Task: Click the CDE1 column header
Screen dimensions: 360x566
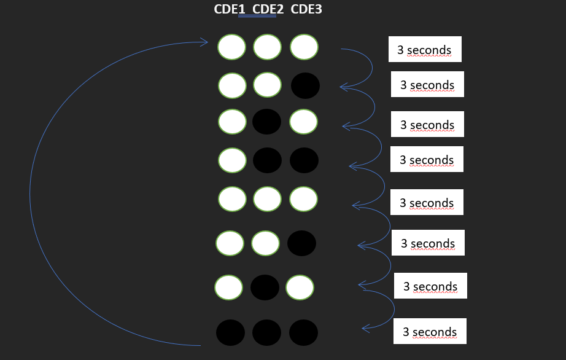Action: [230, 10]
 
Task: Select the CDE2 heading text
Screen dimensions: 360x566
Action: [268, 10]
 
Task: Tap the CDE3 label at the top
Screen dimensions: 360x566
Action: [306, 10]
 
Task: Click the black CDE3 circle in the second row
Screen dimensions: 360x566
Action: [305, 86]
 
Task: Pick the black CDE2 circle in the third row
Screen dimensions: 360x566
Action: [267, 122]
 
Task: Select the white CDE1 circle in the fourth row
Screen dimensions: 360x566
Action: [233, 160]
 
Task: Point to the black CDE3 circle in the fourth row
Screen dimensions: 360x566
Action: [304, 160]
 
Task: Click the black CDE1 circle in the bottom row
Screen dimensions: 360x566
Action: [230, 332]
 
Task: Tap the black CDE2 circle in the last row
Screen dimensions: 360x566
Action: [267, 332]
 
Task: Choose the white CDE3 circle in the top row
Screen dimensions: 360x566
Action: [304, 47]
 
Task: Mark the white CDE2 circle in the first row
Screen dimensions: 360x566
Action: [268, 47]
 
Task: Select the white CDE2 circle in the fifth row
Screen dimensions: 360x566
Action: [267, 199]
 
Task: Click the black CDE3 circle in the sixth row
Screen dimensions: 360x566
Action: [301, 243]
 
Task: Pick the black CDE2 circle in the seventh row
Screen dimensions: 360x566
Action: [265, 288]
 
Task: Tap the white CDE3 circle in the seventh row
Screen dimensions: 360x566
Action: [300, 288]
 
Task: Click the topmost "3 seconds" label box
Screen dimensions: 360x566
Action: [425, 50]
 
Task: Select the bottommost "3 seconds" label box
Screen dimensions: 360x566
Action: [430, 332]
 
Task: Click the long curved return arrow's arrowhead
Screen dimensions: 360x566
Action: [205, 42]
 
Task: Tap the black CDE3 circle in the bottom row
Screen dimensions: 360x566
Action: [304, 332]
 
